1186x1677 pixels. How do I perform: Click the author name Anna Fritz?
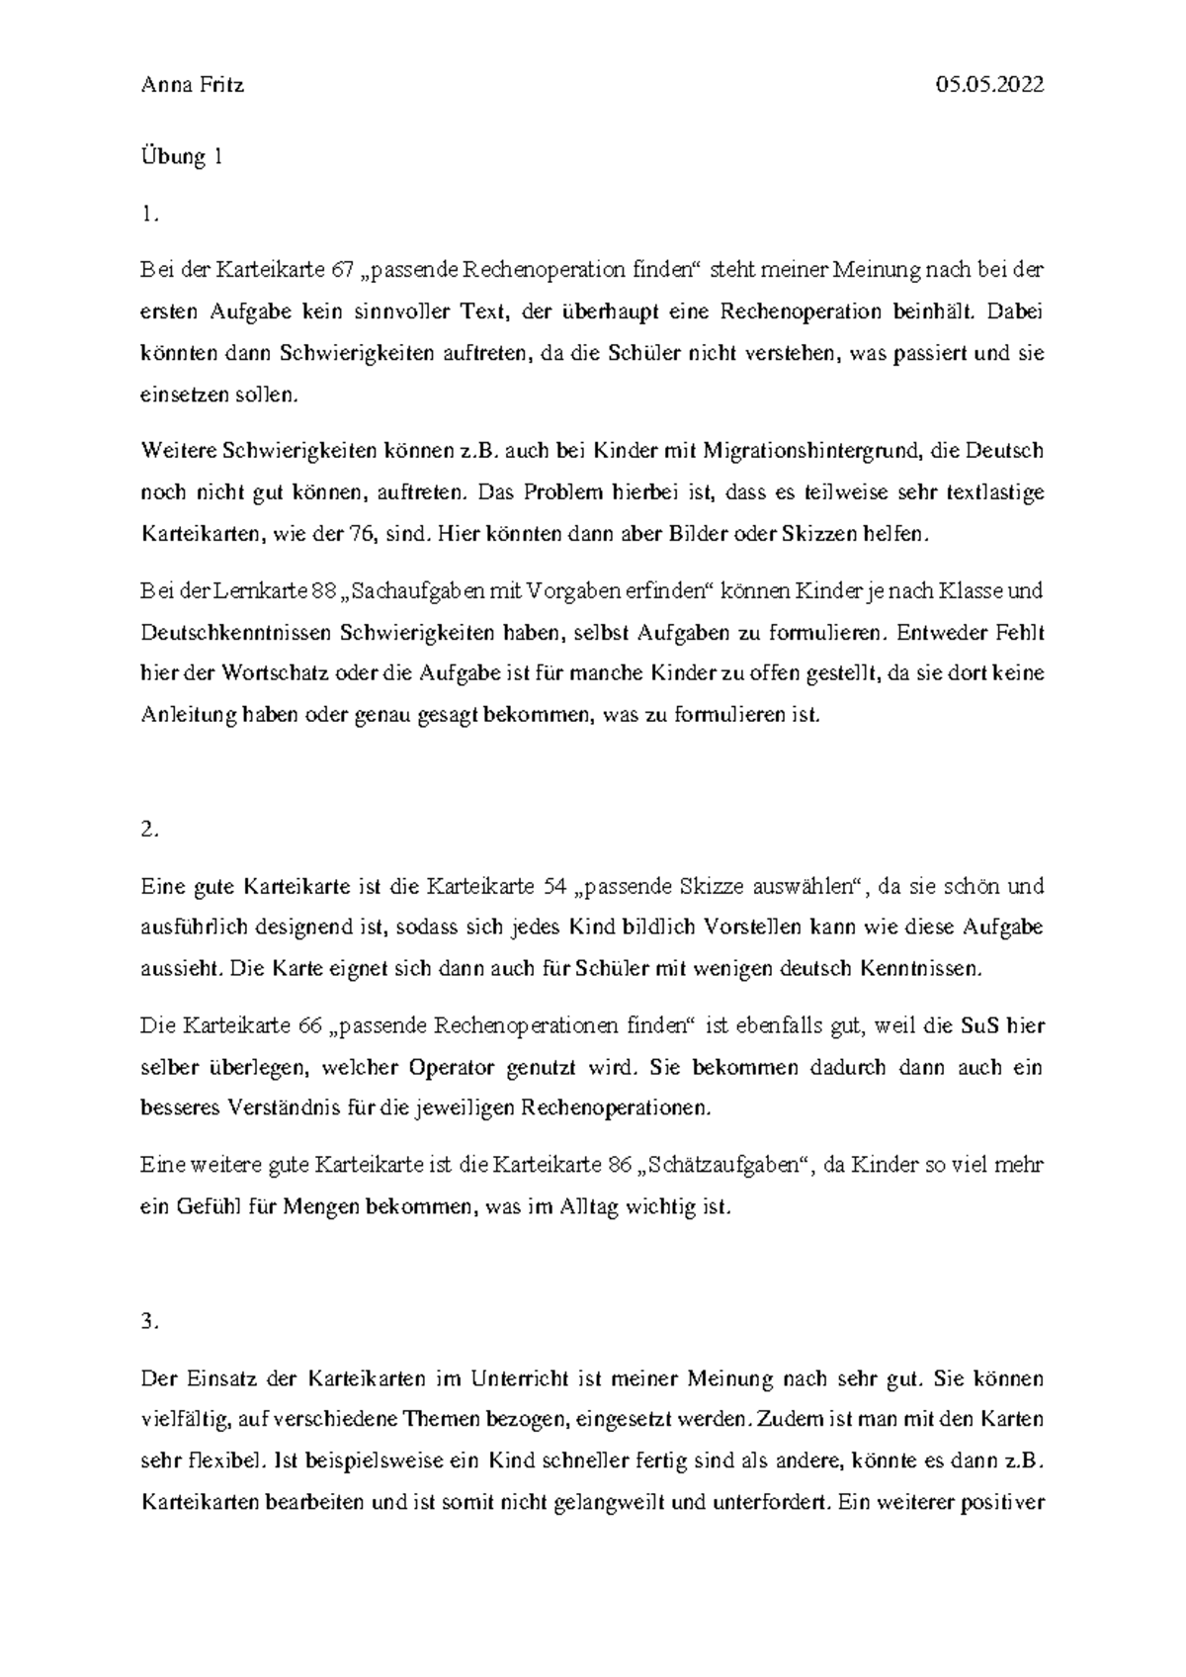[x=193, y=85]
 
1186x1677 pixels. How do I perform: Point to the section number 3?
[x=149, y=1322]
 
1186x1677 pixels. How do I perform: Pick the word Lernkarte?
[x=260, y=591]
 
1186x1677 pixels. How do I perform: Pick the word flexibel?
[x=221, y=1459]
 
